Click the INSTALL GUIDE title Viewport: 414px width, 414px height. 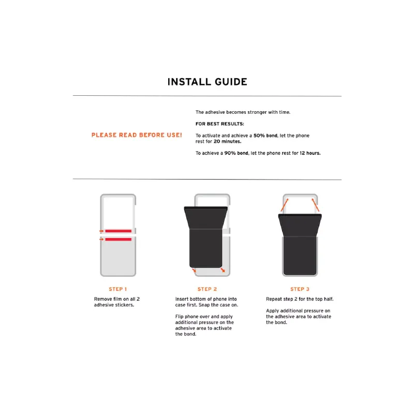pos(207,82)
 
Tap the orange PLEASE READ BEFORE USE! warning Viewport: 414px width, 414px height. pos(137,135)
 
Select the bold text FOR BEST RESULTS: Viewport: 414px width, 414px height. pos(220,124)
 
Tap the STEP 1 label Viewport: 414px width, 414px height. pos(118,289)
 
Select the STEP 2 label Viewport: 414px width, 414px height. pos(207,289)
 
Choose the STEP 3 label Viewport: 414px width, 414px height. pos(300,289)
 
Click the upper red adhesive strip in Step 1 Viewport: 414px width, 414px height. pos(118,231)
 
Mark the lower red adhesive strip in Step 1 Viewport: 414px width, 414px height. pos(118,239)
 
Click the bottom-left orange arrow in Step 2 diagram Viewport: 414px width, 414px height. pos(194,270)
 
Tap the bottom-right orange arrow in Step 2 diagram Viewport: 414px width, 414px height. pos(222,270)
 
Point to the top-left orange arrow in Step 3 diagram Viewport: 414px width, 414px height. pos(284,206)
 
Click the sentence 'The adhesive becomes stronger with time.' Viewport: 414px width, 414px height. pos(243,112)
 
